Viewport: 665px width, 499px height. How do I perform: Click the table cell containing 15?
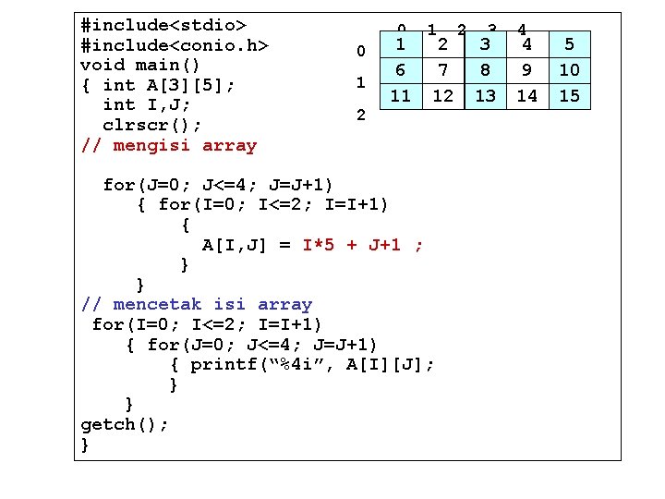(x=570, y=95)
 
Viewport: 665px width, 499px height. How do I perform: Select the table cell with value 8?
(x=485, y=69)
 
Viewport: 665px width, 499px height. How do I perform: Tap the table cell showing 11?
(x=401, y=95)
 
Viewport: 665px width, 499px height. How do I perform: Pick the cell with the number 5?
(x=570, y=43)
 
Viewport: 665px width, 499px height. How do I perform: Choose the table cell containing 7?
(x=443, y=69)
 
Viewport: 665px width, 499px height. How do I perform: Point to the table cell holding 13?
(x=485, y=95)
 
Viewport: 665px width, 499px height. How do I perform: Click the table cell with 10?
(x=570, y=69)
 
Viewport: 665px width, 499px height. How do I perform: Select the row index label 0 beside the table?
(x=361, y=49)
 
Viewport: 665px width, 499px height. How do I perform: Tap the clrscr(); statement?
(x=152, y=125)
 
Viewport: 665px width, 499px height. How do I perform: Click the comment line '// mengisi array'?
(x=168, y=145)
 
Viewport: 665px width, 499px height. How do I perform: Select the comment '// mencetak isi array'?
(x=197, y=304)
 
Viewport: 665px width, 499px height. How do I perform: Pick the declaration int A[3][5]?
(x=169, y=85)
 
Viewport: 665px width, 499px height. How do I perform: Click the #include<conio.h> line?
(x=175, y=44)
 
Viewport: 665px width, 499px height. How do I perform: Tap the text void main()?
(x=140, y=65)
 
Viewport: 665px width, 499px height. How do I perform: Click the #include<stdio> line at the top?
(x=163, y=24)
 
